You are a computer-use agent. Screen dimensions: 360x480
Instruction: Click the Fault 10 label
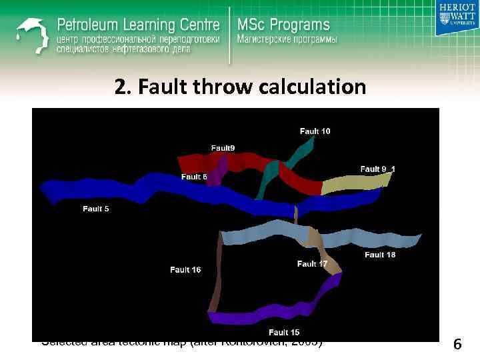pos(315,131)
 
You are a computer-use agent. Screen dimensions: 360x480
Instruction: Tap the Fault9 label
pos(223,148)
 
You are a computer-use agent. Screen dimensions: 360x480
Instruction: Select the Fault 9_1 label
pos(377,169)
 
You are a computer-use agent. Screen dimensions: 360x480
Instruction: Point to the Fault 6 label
pos(194,177)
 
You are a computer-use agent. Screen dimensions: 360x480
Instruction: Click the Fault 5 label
pos(96,209)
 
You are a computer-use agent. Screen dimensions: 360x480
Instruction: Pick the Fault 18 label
pos(380,255)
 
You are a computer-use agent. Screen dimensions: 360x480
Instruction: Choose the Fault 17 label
pos(312,264)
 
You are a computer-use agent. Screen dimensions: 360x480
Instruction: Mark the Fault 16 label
pos(185,270)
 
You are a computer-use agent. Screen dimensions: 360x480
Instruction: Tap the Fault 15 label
pos(284,332)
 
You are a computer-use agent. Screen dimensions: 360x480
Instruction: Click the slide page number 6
pos(457,345)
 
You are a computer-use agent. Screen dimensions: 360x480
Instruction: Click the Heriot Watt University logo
pos(457,18)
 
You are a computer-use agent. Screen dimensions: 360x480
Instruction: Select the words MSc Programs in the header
pos(283,25)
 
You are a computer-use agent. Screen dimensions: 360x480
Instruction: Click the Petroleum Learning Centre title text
pos(138,25)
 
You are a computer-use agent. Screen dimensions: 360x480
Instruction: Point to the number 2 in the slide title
pos(119,87)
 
